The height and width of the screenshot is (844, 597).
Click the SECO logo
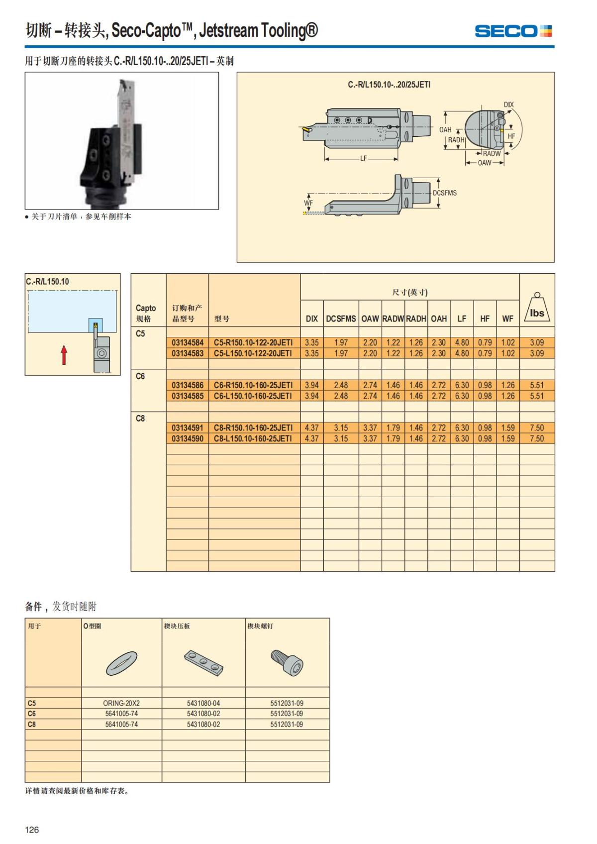coord(513,31)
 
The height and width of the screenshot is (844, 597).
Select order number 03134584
coord(188,342)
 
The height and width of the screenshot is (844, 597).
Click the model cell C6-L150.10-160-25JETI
coord(253,396)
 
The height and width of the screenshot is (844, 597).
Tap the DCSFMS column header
coord(341,319)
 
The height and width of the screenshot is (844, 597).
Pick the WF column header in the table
coord(508,319)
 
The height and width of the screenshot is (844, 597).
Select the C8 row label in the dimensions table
coord(140,419)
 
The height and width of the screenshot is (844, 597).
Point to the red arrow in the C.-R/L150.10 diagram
coord(64,354)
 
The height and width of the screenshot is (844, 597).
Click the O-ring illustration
coord(122,663)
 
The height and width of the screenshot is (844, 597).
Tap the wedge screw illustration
coord(288,662)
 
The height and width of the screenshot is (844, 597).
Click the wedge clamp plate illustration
coord(204,663)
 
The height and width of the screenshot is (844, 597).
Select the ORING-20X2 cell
coord(121,703)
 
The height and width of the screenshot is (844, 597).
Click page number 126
coord(32,830)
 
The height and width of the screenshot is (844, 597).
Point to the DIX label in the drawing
coord(508,105)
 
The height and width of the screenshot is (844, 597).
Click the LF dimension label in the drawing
coord(364,158)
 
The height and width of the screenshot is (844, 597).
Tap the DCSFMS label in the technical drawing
coord(444,193)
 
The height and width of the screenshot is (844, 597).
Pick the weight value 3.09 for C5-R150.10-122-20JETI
coord(537,342)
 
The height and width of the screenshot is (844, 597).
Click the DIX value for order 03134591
coord(312,428)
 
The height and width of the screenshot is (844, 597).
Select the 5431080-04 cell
coord(203,703)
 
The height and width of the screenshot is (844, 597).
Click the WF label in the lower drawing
coord(308,203)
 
